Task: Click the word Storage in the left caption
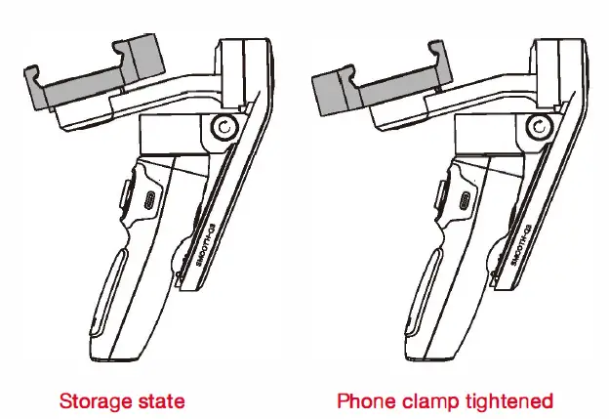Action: [x=91, y=401]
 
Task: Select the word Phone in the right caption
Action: [x=364, y=401]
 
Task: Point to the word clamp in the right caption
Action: [x=433, y=401]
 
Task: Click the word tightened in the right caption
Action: [x=512, y=401]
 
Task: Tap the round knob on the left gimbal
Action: [x=223, y=128]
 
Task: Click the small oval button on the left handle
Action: [x=149, y=200]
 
